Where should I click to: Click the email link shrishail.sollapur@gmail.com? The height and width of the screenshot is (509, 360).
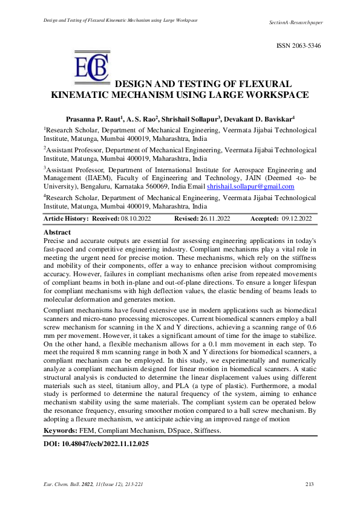250,187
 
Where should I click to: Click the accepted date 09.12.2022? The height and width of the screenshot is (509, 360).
296,218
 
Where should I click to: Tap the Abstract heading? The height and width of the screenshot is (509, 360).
57,232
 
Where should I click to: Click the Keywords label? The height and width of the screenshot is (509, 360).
61,430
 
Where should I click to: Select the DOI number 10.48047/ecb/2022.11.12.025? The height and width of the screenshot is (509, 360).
106,443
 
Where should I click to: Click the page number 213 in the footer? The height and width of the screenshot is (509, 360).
310,484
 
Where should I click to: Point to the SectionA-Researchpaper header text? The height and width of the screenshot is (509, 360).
295,22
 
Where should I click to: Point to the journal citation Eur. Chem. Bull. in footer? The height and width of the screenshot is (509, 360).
65,484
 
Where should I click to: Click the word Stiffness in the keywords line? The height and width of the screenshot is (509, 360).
206,430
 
